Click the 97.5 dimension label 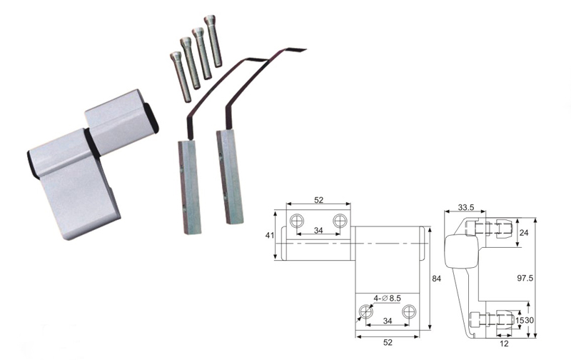click(x=525, y=279)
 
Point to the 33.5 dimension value click(x=466, y=208)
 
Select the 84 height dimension click(x=436, y=279)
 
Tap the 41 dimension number click(x=270, y=236)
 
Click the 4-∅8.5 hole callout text click(x=387, y=299)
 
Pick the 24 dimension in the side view click(x=524, y=232)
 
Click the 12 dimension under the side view click(x=504, y=344)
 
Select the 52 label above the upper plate click(x=318, y=200)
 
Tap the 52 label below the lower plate click(x=388, y=343)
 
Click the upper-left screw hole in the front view click(x=297, y=221)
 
